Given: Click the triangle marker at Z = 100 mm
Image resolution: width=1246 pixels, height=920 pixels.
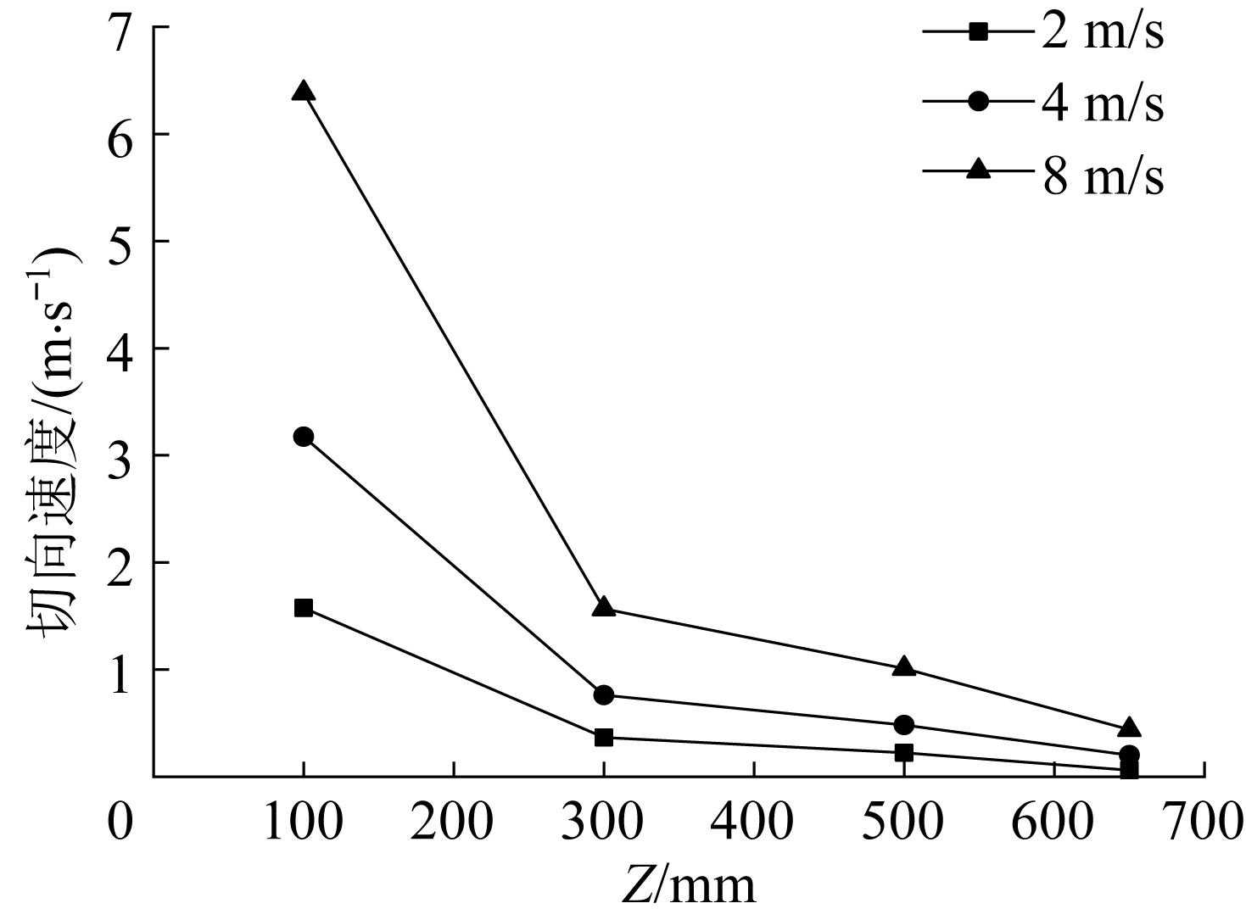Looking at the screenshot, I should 304,92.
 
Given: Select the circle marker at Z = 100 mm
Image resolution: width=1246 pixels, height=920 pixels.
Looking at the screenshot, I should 304,437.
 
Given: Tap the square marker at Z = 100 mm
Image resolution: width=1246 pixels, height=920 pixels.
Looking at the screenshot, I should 304,608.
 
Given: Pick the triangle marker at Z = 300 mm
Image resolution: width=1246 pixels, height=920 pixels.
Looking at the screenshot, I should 604,607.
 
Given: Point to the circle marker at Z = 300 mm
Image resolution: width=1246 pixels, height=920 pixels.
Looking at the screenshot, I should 604,695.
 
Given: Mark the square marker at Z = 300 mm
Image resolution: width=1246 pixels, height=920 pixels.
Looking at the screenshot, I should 604,738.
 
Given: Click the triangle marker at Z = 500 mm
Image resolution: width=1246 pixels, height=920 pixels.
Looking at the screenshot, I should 904,667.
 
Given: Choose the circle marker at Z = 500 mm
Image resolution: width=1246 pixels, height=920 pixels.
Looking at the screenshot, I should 904,725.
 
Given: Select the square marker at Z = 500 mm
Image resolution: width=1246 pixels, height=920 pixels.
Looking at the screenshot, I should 904,753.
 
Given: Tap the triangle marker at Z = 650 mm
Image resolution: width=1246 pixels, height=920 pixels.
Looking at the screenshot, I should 1129,728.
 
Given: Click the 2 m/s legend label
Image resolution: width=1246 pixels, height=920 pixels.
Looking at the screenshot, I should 1103,34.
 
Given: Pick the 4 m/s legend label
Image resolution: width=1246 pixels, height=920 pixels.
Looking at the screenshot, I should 1103,105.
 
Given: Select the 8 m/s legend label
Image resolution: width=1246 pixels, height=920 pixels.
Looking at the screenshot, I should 1103,176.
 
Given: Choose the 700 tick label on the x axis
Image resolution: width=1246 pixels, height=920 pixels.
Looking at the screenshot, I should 1202,821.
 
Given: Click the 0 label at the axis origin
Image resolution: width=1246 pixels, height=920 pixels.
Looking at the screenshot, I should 120,821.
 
